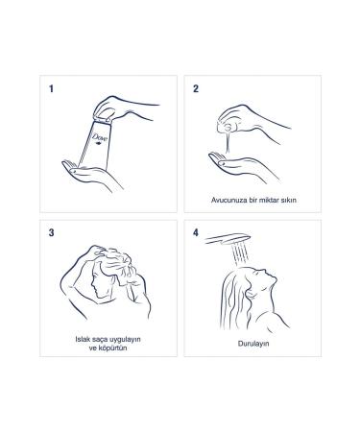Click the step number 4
[x=196, y=233]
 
